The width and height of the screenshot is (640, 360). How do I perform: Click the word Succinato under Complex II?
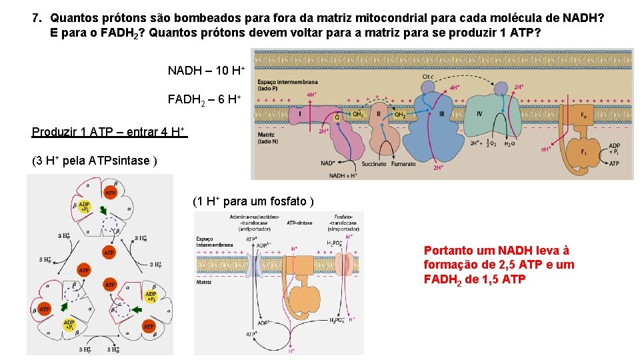(373, 163)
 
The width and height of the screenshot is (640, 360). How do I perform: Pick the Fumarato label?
(403, 163)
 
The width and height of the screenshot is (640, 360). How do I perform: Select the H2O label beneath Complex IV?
(509, 143)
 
